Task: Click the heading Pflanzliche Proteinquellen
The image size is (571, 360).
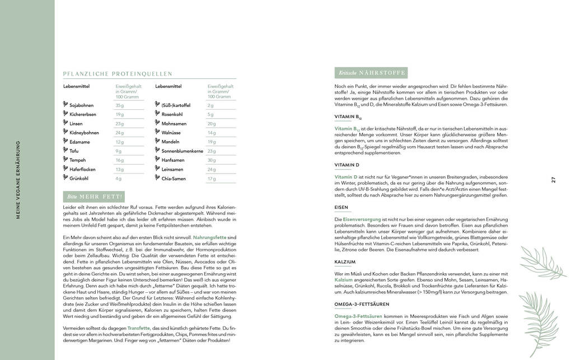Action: point(118,73)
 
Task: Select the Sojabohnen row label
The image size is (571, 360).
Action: point(82,105)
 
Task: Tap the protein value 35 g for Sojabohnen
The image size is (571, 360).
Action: point(119,105)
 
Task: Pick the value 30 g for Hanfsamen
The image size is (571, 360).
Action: point(211,160)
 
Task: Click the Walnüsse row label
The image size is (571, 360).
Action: point(171,133)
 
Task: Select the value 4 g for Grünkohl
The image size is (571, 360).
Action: point(118,179)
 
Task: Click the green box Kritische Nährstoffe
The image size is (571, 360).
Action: point(370,73)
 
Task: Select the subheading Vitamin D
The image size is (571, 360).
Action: point(347,165)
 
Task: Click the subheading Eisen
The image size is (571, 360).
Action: point(341,208)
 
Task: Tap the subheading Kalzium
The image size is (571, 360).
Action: point(345,261)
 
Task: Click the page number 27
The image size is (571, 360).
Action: point(553,180)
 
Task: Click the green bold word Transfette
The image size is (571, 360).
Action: point(139,328)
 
